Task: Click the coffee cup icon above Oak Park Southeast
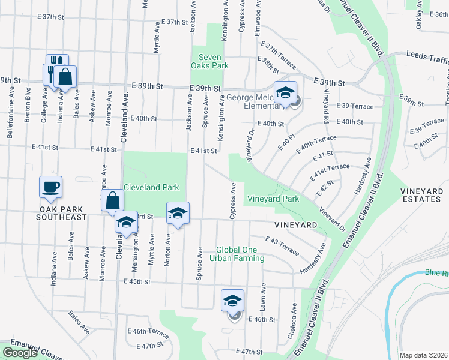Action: point(50,187)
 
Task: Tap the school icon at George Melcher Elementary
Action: point(286,92)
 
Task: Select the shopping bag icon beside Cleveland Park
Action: point(112,201)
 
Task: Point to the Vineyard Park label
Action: point(273,199)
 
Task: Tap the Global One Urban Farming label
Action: point(240,254)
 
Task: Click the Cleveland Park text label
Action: point(151,187)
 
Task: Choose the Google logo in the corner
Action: point(20,353)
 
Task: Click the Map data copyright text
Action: point(424,355)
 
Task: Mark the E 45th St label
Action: point(139,281)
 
